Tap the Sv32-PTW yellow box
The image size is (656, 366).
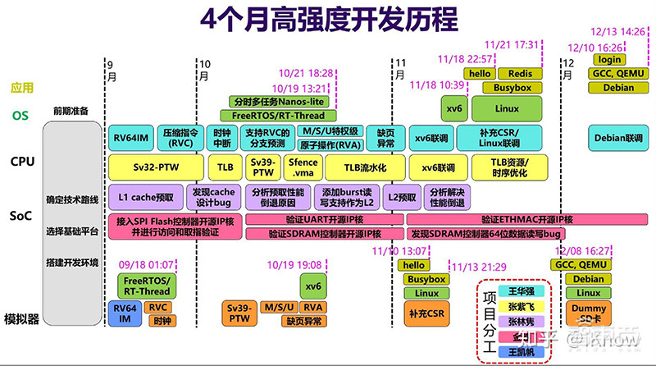[x=155, y=166]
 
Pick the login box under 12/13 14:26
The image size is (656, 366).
[x=608, y=59]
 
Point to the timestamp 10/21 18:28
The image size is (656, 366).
[x=304, y=74]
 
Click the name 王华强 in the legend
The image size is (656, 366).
[x=513, y=291]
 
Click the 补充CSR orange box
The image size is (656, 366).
[x=426, y=313]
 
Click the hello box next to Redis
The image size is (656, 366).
[x=478, y=74]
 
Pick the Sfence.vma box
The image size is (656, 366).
[x=303, y=166]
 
